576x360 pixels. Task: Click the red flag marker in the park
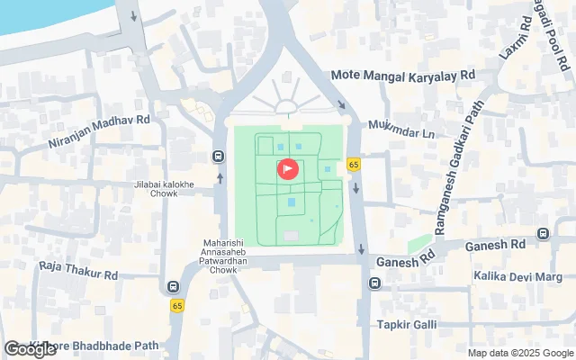point(288,168)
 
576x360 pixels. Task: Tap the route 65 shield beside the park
point(354,164)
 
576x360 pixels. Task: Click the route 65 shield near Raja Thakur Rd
point(177,306)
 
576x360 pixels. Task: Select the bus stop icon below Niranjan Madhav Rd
point(219,155)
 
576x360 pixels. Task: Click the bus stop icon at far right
point(543,234)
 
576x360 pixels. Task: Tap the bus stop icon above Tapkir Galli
point(373,284)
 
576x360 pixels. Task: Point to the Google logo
point(29,348)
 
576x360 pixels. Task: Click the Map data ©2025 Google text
point(521,352)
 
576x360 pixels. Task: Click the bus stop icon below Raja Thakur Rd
point(172,287)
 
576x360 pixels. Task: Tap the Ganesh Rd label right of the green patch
point(495,245)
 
